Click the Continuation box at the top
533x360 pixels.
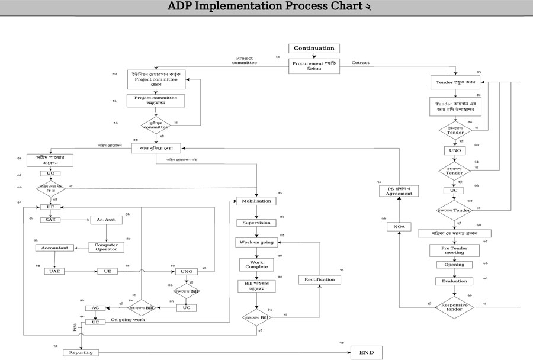tap(314, 49)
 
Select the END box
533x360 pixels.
tap(366, 352)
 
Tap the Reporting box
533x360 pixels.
tap(81, 352)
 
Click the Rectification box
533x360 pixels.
tap(320, 279)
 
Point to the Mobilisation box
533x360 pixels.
tap(256, 201)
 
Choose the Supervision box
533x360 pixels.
tap(256, 223)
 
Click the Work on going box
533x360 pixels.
tap(256, 242)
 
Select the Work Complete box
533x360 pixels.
tap(256, 264)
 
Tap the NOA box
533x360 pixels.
tap(399, 227)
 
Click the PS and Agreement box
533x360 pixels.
tap(399, 191)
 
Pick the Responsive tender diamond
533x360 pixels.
tap(455, 307)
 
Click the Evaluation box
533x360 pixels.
tap(454, 281)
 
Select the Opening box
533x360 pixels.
tap(454, 265)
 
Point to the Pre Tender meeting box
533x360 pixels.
tap(454, 249)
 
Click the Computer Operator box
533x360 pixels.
tap(106, 247)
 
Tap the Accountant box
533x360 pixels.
tap(55, 247)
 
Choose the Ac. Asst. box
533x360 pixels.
tap(106, 220)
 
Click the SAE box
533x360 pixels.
tap(50, 220)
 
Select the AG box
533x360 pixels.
tap(95, 308)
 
